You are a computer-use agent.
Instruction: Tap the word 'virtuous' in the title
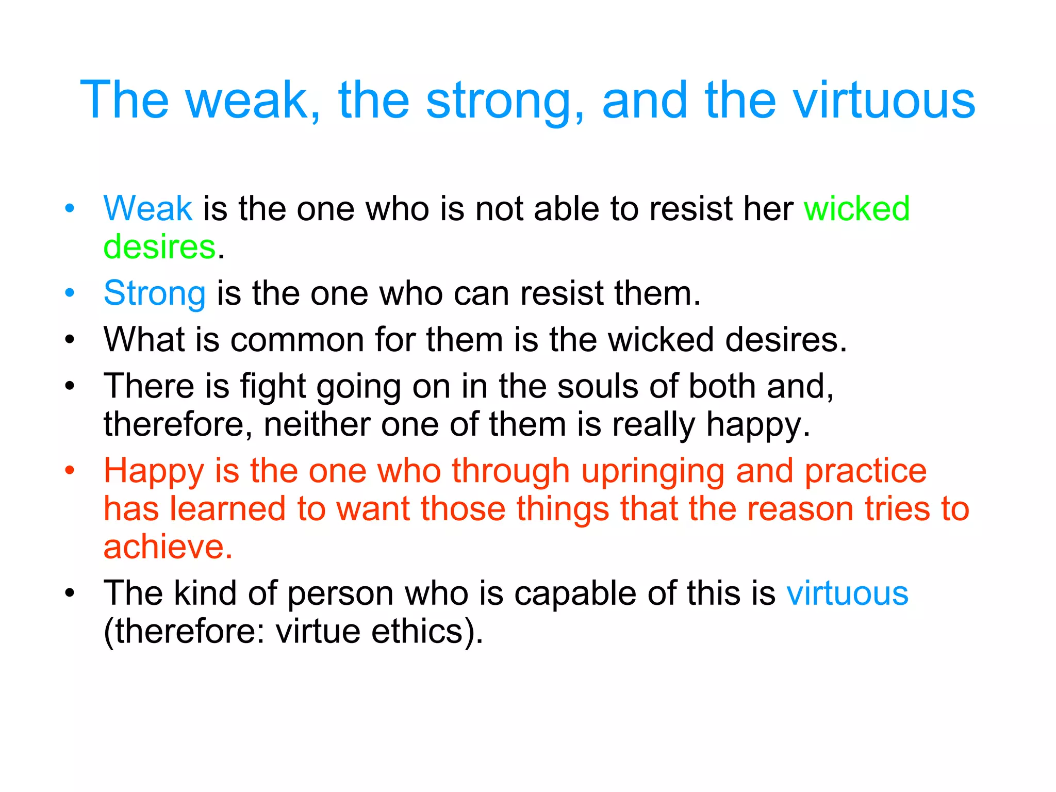pyautogui.click(x=884, y=100)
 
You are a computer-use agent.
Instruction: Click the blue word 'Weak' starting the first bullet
pyautogui.click(x=147, y=208)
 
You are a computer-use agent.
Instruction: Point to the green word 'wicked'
pyautogui.click(x=856, y=208)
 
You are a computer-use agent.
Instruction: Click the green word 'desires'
pyautogui.click(x=159, y=246)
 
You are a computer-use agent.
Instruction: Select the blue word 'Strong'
pyautogui.click(x=154, y=293)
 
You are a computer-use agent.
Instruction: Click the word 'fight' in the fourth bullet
pyautogui.click(x=273, y=387)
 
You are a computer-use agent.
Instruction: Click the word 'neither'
pyautogui.click(x=317, y=424)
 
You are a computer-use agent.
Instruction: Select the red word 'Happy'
pyautogui.click(x=154, y=472)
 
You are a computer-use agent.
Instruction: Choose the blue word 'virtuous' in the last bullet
pyautogui.click(x=847, y=593)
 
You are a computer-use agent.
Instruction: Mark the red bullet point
pyautogui.click(x=70, y=470)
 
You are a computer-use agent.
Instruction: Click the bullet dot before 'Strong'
pyautogui.click(x=70, y=293)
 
